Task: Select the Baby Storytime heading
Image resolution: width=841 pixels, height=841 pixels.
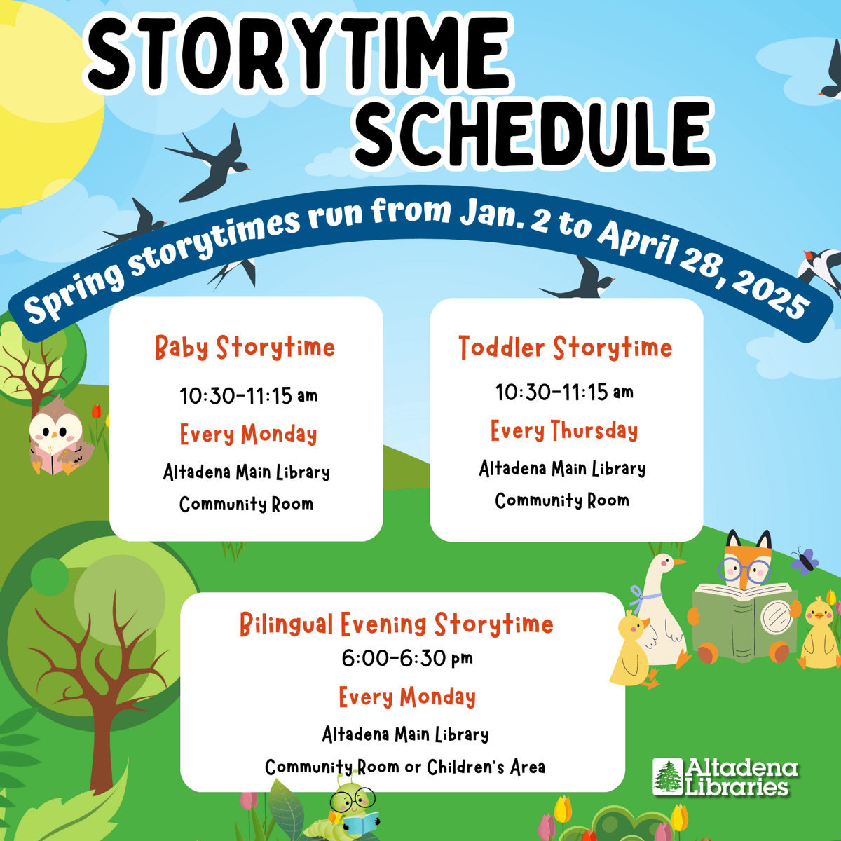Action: pyautogui.click(x=245, y=348)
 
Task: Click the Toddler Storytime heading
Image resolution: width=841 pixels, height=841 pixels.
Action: pyautogui.click(x=565, y=348)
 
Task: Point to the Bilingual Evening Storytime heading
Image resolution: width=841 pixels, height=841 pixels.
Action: pyautogui.click(x=396, y=624)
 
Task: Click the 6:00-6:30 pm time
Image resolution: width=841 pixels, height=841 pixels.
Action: pyautogui.click(x=406, y=658)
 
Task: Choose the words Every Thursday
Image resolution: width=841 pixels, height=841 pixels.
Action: pyautogui.click(x=564, y=430)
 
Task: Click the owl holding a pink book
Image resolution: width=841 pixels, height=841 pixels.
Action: pyautogui.click(x=56, y=438)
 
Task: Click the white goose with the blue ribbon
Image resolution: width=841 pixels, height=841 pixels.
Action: pyautogui.click(x=662, y=606)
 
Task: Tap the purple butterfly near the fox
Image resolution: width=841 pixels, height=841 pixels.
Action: pyautogui.click(x=805, y=561)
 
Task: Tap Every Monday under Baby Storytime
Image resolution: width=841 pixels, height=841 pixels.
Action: pyautogui.click(x=248, y=435)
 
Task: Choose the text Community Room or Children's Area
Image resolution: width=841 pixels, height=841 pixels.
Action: pyautogui.click(x=405, y=767)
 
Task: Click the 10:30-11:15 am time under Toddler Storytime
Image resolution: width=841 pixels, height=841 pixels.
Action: pyautogui.click(x=564, y=392)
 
